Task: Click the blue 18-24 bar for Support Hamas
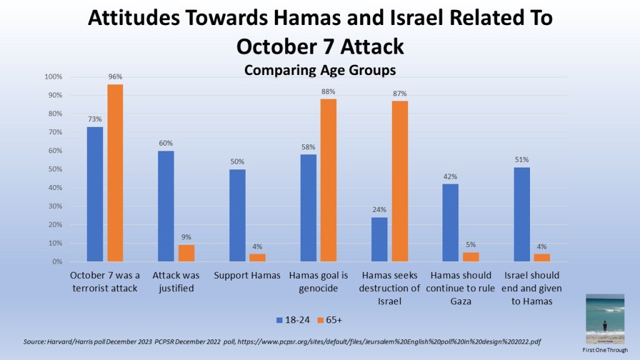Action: click(237, 215)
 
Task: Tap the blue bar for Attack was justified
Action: click(166, 206)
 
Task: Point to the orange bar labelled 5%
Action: click(471, 257)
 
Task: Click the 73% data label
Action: click(95, 119)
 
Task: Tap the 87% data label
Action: click(399, 93)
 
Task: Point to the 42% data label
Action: click(450, 176)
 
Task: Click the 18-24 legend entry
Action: click(294, 320)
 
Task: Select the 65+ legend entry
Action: click(334, 320)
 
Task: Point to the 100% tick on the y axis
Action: click(53, 77)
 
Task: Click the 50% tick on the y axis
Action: click(54, 169)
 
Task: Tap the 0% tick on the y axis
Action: click(56, 261)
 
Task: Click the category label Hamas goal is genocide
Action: click(318, 281)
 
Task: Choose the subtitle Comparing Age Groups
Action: click(319, 69)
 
